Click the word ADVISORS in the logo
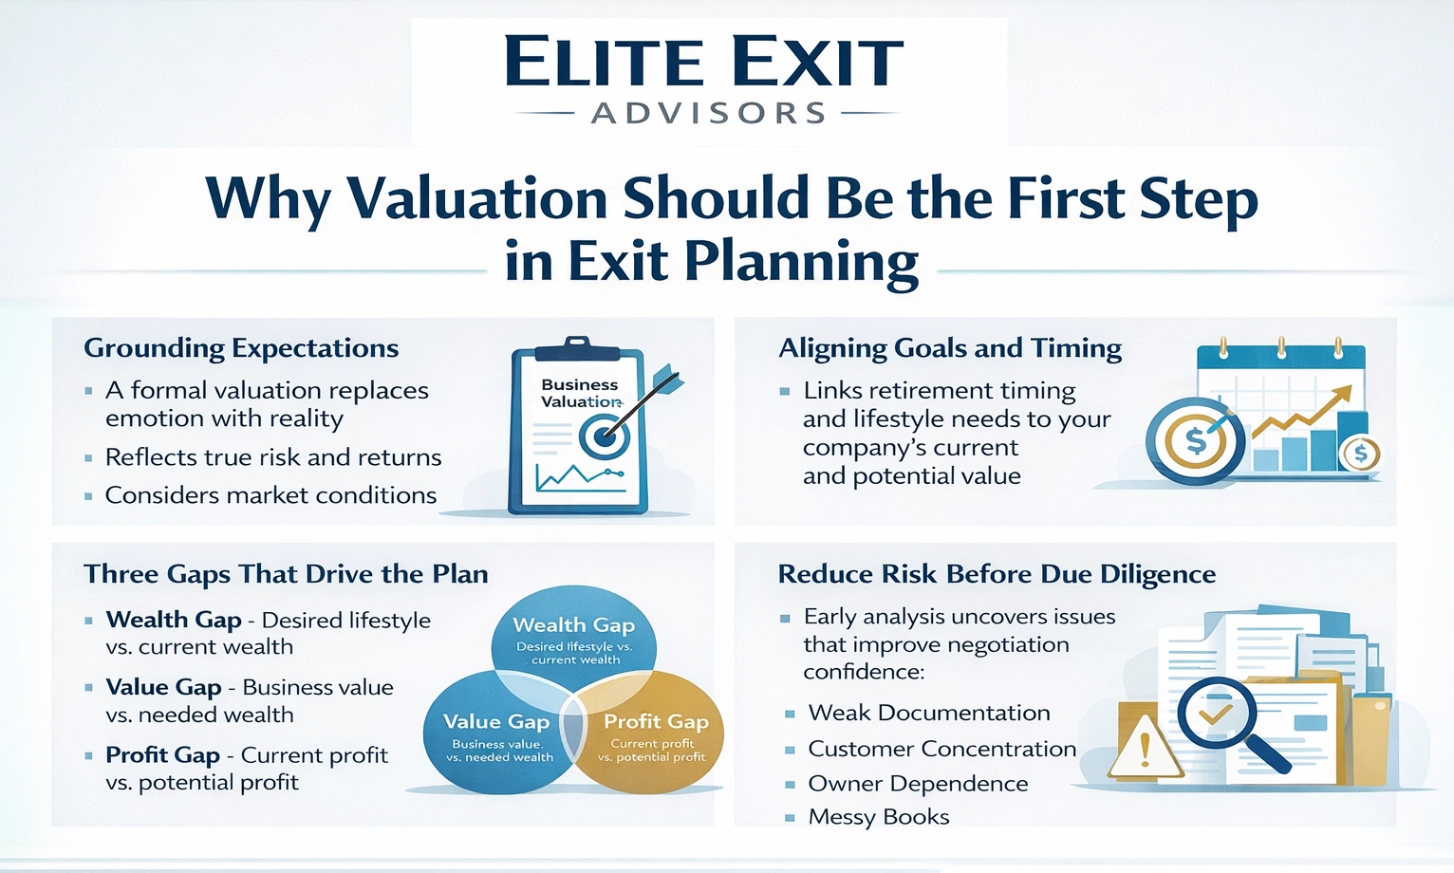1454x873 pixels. [x=708, y=114]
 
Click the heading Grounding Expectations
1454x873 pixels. [x=241, y=348]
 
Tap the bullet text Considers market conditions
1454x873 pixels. [x=270, y=495]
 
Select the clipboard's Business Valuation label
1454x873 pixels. [x=580, y=393]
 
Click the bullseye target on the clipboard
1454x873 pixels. [x=604, y=436]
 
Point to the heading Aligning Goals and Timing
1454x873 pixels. [x=950, y=348]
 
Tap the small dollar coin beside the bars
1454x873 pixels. [x=1360, y=454]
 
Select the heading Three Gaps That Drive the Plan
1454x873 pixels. [x=286, y=574]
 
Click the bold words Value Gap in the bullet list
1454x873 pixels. [x=164, y=687]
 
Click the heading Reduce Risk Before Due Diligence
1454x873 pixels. [x=997, y=574]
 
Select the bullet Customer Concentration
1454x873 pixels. [x=941, y=749]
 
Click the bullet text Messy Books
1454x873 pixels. [x=878, y=817]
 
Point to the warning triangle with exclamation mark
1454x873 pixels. [x=1145, y=749]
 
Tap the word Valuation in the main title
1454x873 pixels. [x=476, y=199]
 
